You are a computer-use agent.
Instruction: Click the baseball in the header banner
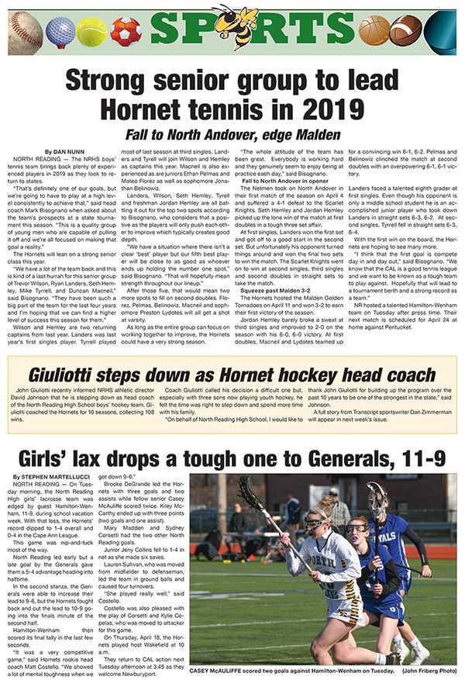coord(25,30)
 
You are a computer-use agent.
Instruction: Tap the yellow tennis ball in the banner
coord(91,32)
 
